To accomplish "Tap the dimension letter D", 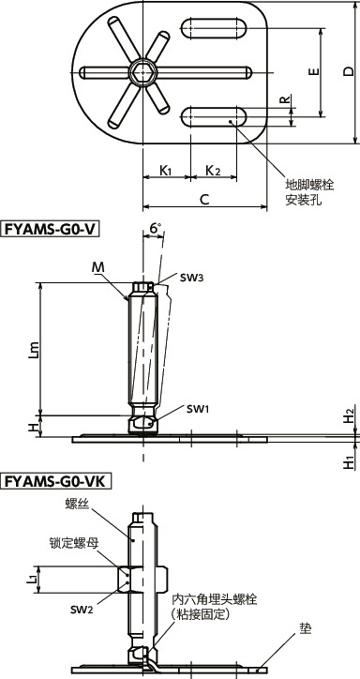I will point(348,71).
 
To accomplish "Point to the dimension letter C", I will point(203,198).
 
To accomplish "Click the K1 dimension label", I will point(165,171).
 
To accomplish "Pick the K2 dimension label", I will point(213,171).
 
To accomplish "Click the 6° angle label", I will point(156,228).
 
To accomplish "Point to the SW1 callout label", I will point(197,409).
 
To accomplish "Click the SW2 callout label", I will point(82,609).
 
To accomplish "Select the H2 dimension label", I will point(349,413).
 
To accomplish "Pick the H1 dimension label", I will point(349,461).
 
